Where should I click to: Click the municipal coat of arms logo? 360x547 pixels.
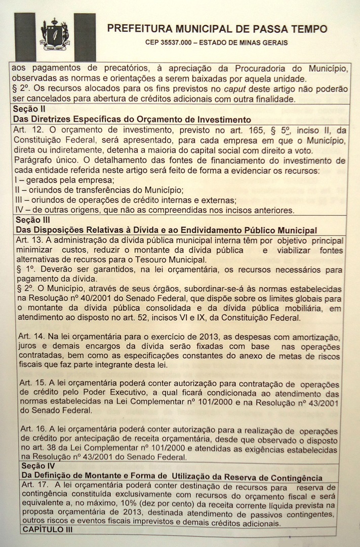point(55,34)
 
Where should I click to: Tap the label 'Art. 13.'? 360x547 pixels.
point(29,240)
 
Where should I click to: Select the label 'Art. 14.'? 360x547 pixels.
point(30,336)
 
